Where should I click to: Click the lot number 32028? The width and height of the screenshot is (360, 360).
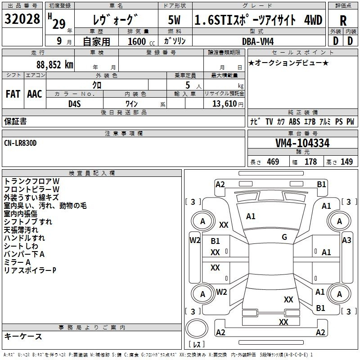pyautogui.click(x=22, y=20)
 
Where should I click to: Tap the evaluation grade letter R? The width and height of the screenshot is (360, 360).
pyautogui.click(x=343, y=21)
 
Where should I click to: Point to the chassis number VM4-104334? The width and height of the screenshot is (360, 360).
pyautogui.click(x=302, y=144)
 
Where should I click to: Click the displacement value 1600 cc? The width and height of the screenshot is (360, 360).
pyautogui.click(x=138, y=41)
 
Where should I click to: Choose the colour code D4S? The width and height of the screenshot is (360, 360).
pyautogui.click(x=74, y=103)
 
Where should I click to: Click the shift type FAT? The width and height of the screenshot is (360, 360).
pyautogui.click(x=13, y=94)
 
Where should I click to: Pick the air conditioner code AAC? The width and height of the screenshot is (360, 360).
pyautogui.click(x=35, y=94)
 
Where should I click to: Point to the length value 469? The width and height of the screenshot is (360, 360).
pyautogui.click(x=273, y=162)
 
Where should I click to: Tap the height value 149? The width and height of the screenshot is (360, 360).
pyautogui.click(x=346, y=162)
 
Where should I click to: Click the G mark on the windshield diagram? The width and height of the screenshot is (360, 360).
pyautogui.click(x=284, y=237)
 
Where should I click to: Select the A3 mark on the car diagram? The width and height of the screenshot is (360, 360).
pyautogui.click(x=346, y=240)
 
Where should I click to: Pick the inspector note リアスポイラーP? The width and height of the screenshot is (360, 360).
pyautogui.click(x=30, y=270)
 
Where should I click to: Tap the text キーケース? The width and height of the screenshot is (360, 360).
pyautogui.click(x=23, y=337)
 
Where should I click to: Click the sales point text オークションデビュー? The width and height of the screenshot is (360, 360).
pyautogui.click(x=288, y=63)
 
